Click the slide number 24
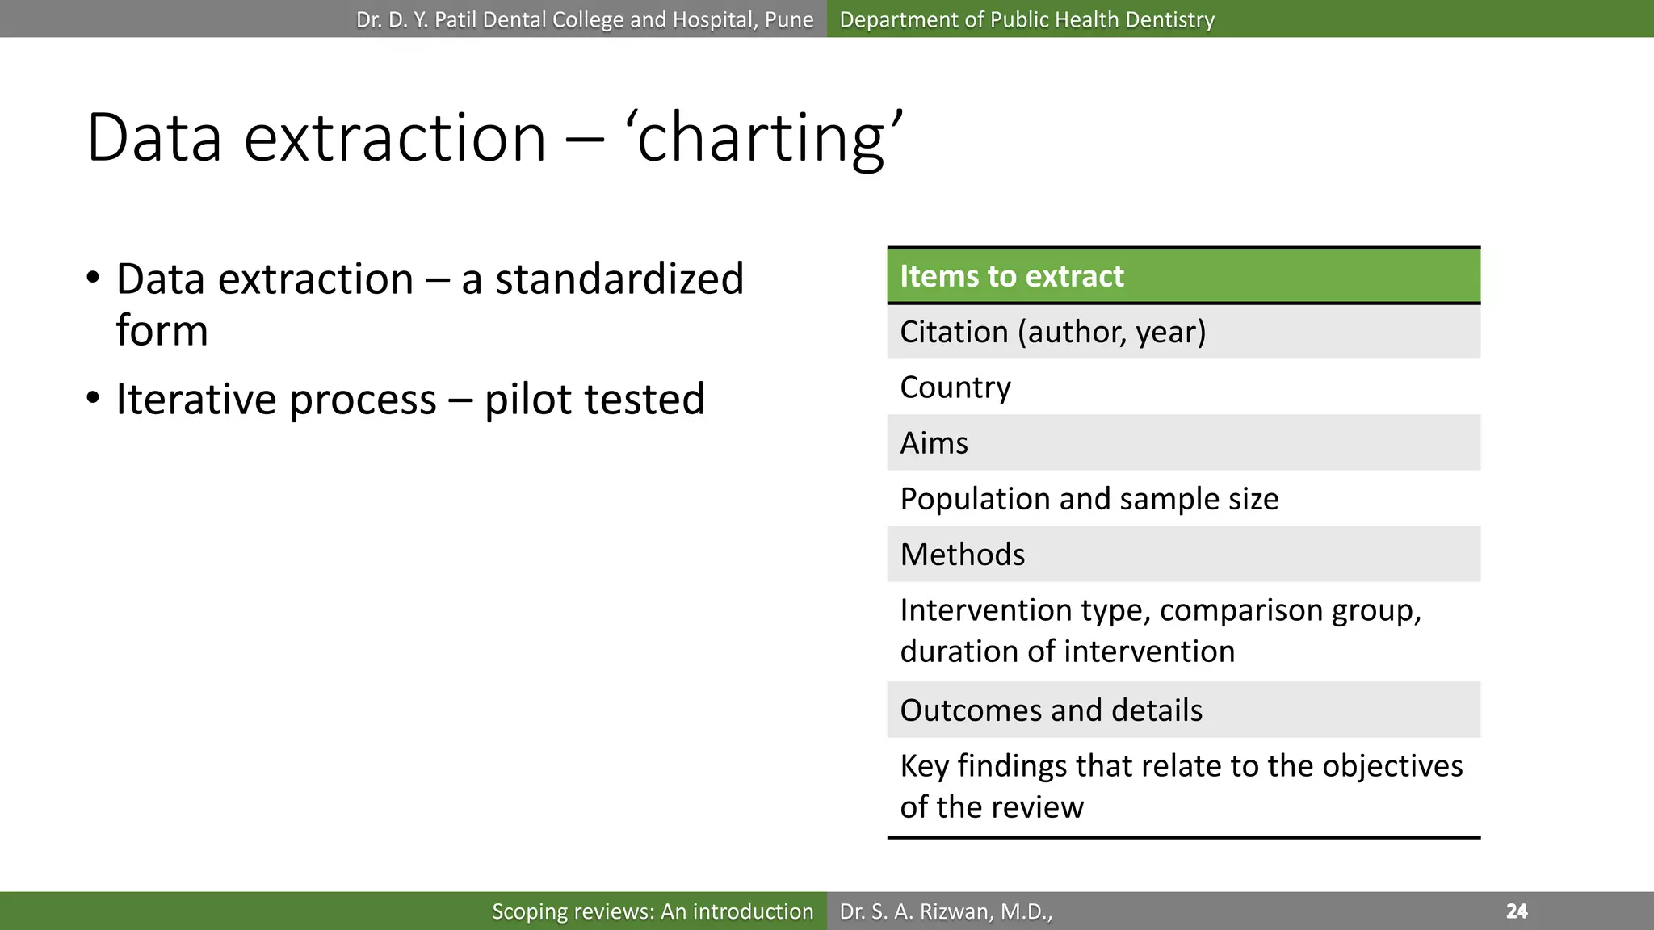tap(1517, 911)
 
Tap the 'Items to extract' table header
tap(1011, 276)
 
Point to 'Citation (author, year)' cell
tap(1052, 332)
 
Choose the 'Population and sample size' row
tap(1089, 499)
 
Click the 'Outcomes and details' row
tap(1051, 710)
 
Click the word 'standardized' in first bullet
tap(619, 279)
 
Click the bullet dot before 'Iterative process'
tap(94, 398)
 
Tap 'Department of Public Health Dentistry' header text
tap(1026, 19)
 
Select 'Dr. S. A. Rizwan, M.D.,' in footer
tap(946, 911)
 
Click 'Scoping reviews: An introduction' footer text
tap(653, 911)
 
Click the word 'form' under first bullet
tap(162, 331)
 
